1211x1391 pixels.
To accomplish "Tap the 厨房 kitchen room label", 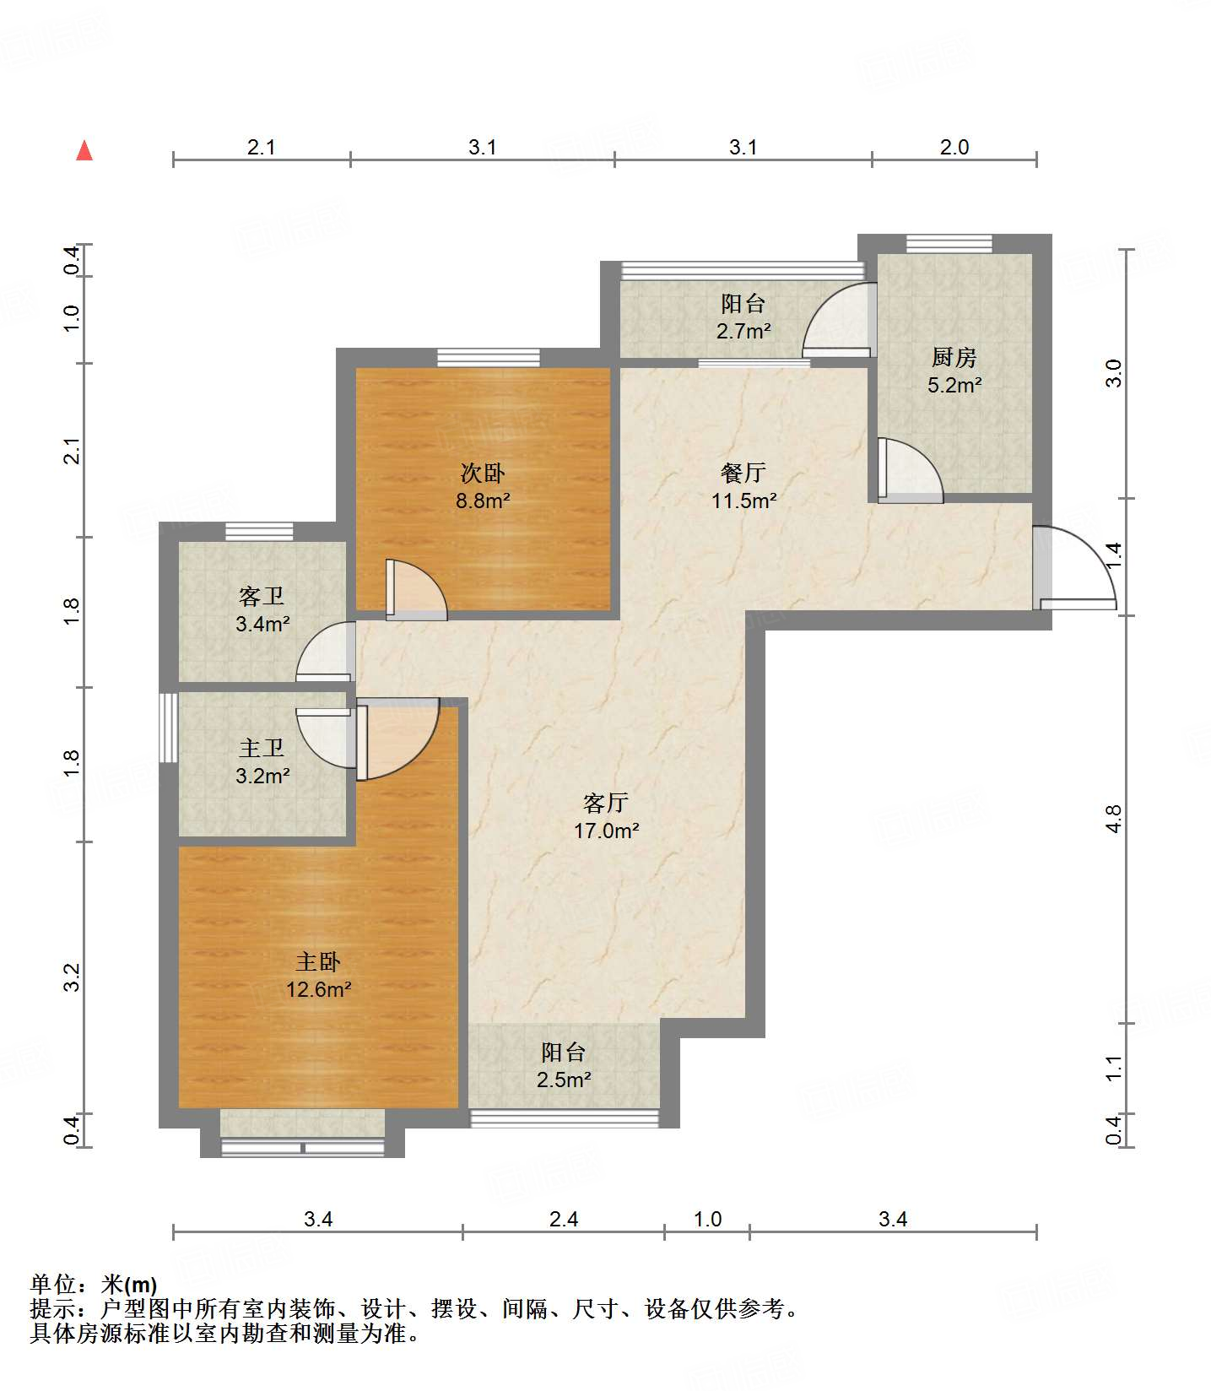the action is tap(954, 371).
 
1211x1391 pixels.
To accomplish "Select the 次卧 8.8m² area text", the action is tap(483, 486).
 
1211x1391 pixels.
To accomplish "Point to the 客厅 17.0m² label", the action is tap(606, 816).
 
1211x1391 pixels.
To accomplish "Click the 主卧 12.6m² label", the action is tap(318, 975).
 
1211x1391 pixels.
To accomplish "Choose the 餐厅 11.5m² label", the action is tap(743, 486).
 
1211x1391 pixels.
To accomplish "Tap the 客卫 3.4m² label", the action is tap(262, 610).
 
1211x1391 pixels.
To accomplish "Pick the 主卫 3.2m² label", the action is tap(262, 761).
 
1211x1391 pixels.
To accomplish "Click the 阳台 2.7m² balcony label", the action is tap(743, 317).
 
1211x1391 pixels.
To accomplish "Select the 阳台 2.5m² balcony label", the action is tap(564, 1065).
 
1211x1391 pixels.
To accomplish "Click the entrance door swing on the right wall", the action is tap(1074, 567).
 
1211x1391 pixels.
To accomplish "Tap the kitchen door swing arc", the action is tap(911, 470).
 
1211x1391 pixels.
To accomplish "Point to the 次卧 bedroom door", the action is tap(416, 589).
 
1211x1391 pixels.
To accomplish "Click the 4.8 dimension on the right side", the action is tap(1114, 819).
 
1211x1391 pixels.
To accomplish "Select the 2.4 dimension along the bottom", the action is tap(564, 1219).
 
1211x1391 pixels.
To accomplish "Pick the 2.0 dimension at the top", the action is tap(954, 147).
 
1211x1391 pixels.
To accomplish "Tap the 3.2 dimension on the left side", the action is tap(73, 977).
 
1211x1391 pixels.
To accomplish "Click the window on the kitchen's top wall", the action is tap(949, 244).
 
